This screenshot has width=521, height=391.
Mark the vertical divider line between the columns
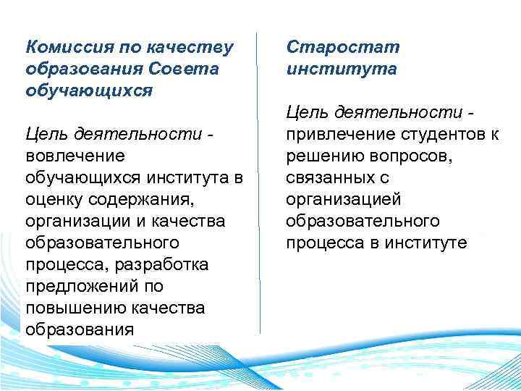tap(260, 181)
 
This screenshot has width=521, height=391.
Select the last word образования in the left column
tap(80, 329)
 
